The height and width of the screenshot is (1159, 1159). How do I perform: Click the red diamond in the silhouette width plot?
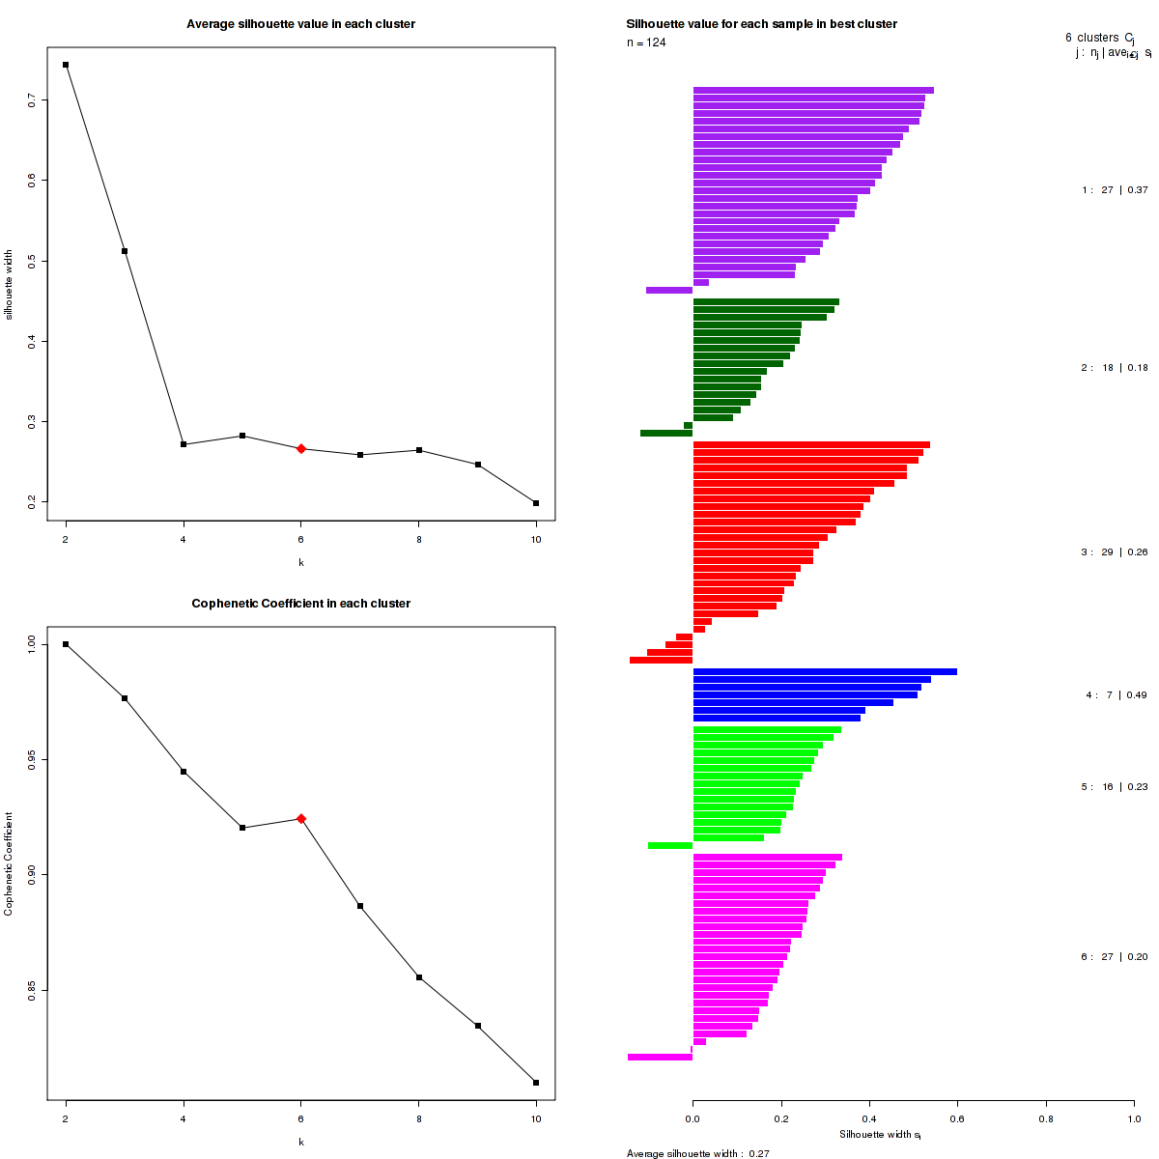pyautogui.click(x=301, y=449)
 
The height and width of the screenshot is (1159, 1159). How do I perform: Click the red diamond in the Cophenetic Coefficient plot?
pyautogui.click(x=301, y=819)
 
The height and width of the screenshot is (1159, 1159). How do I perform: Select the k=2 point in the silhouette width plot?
pyautogui.click(x=66, y=65)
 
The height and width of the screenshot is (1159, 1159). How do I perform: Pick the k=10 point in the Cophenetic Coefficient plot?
pyautogui.click(x=536, y=1083)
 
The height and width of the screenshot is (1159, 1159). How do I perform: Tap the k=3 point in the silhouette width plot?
pyautogui.click(x=125, y=251)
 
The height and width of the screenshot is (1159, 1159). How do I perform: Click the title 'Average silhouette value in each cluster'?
pyautogui.click(x=300, y=24)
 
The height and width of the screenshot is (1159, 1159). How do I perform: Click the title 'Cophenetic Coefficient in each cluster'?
pyautogui.click(x=300, y=604)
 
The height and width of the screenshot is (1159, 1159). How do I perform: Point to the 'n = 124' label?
pyautogui.click(x=646, y=42)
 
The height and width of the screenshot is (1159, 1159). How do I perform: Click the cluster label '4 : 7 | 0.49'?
pyautogui.click(x=1116, y=695)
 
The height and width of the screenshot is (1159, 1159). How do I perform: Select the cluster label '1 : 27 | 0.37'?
pyautogui.click(x=1115, y=190)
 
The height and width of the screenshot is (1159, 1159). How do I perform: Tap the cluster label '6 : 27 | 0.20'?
pyautogui.click(x=1115, y=957)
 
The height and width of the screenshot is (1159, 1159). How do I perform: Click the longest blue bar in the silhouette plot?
pyautogui.click(x=825, y=672)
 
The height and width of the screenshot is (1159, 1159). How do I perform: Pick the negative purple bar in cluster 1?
pyautogui.click(x=669, y=290)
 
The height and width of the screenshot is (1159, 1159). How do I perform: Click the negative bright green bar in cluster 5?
pyautogui.click(x=670, y=845)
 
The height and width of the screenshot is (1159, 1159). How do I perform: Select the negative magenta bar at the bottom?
pyautogui.click(x=660, y=1058)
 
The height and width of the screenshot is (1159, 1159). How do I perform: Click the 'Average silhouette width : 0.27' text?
pyautogui.click(x=697, y=1153)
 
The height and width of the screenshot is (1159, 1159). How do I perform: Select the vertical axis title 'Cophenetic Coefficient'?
pyautogui.click(x=9, y=863)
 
